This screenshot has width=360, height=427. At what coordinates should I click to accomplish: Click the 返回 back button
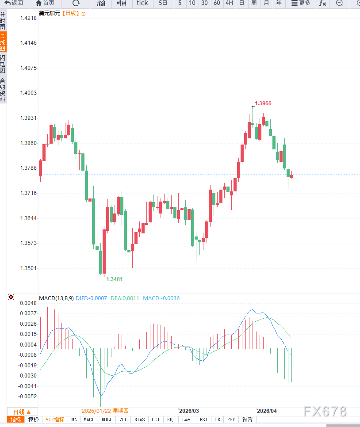(x=14, y=3)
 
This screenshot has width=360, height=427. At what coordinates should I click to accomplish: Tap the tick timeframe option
(x=142, y=3)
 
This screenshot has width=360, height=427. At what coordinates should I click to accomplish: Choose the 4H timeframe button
(x=229, y=3)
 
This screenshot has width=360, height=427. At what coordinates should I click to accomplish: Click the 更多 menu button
(x=301, y=3)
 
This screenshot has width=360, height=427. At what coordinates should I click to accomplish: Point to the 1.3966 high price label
(x=263, y=103)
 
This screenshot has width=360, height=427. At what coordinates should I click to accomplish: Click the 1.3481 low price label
(x=115, y=279)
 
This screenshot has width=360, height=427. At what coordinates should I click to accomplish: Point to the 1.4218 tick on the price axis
(x=28, y=18)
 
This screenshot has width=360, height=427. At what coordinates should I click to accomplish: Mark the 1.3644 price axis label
(x=28, y=218)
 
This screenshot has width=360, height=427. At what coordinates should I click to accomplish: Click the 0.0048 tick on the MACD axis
(x=27, y=303)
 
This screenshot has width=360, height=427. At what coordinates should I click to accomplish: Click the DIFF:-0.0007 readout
(x=92, y=298)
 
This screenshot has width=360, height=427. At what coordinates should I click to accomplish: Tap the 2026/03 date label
(x=189, y=411)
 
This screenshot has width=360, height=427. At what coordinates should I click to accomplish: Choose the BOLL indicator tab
(x=107, y=419)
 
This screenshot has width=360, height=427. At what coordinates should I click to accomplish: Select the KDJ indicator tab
(x=170, y=419)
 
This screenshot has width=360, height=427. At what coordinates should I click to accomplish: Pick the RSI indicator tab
(x=203, y=419)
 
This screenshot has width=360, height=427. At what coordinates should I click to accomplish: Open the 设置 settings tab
(x=248, y=419)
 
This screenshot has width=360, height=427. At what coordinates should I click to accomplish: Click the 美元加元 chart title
(x=49, y=13)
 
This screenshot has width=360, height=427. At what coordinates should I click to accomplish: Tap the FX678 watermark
(x=325, y=411)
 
